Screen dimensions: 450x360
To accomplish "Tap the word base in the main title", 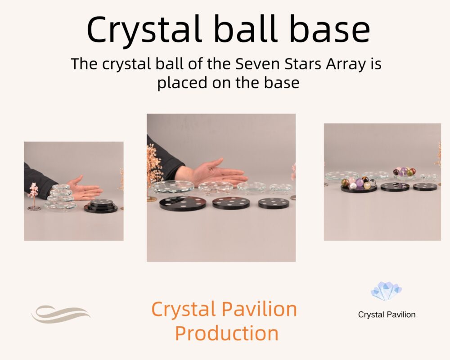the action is click(329, 29).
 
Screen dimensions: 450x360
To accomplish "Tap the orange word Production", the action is click(227, 333).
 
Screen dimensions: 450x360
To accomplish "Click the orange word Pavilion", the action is click(260, 309).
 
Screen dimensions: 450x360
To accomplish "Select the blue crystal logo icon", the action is click(386, 292).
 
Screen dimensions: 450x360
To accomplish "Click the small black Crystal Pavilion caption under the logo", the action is click(387, 315).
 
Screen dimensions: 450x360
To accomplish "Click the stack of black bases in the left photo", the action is click(101, 206).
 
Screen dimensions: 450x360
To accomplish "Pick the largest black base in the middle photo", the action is click(183, 203).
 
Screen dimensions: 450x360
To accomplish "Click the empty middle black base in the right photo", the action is click(395, 186).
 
